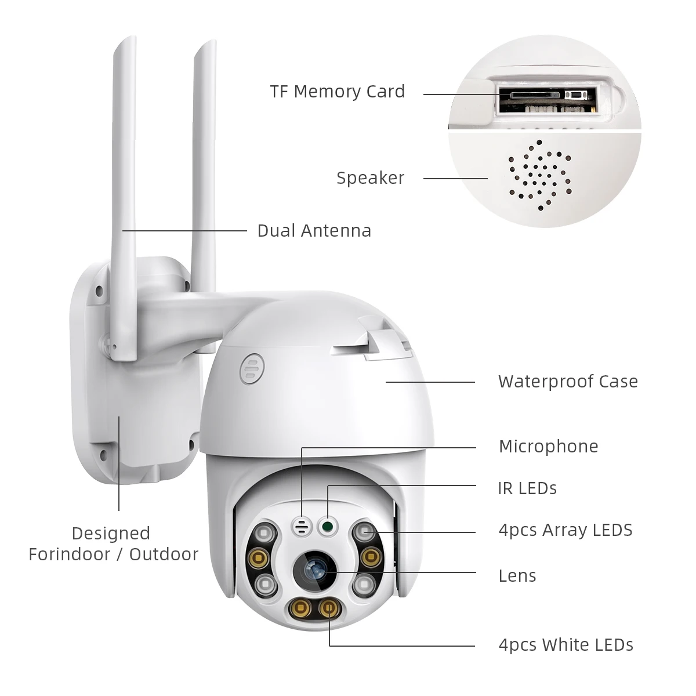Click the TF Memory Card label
[x=337, y=92]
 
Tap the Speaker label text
[x=370, y=178]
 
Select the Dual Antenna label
[x=314, y=231]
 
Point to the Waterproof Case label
[x=567, y=382]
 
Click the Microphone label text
[x=548, y=447]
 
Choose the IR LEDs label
[x=527, y=488]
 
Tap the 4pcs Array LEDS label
[x=565, y=530]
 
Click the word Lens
[x=517, y=576]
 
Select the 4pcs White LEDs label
[x=565, y=645]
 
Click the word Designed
[x=111, y=534]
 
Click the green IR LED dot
[x=328, y=527]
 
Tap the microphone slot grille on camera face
[x=302, y=526]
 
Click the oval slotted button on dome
[x=250, y=368]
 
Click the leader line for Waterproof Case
[x=430, y=382]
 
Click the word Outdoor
[x=164, y=554]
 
